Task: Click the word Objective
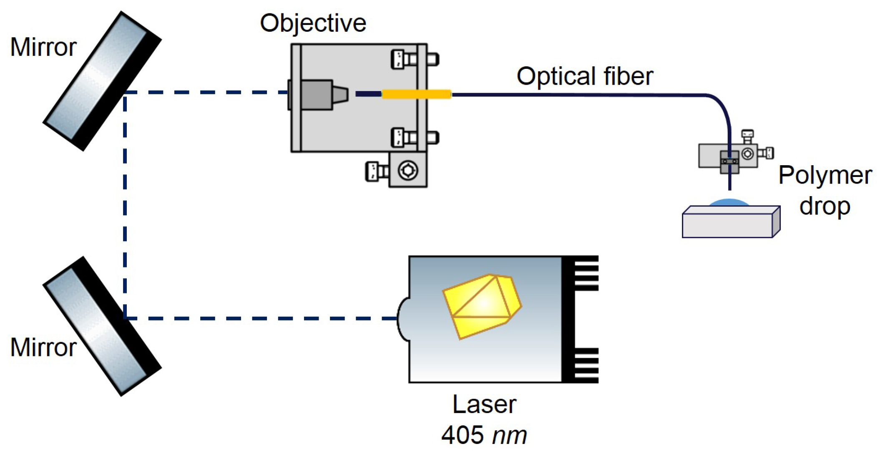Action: click(x=313, y=23)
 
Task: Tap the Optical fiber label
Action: click(x=584, y=76)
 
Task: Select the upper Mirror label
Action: click(x=43, y=47)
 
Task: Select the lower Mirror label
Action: click(x=43, y=347)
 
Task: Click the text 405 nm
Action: click(x=484, y=435)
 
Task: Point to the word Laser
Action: click(x=484, y=404)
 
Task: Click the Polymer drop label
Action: click(x=825, y=191)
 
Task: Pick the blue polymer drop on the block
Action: click(x=729, y=203)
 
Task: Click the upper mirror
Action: click(x=102, y=81)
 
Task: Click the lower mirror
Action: click(x=102, y=326)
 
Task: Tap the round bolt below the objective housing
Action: click(x=407, y=170)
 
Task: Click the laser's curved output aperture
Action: click(x=403, y=319)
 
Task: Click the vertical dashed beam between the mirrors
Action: click(x=125, y=204)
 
